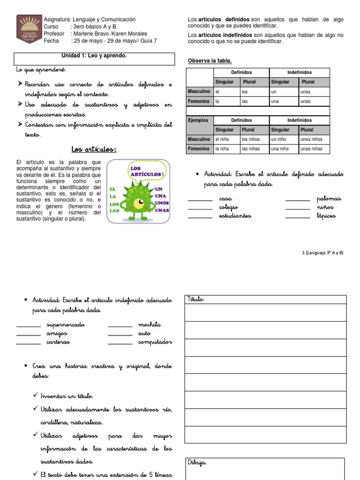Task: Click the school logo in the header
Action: tap(29, 30)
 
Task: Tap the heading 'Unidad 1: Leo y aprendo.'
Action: tap(94, 56)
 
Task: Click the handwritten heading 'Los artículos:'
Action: tap(94, 150)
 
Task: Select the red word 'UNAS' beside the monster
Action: tap(162, 210)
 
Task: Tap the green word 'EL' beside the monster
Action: tap(112, 189)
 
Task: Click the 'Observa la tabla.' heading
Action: tap(210, 61)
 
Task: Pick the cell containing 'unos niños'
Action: tap(314, 139)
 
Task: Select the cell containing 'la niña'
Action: tap(226, 149)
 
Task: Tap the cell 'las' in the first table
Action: tap(255, 101)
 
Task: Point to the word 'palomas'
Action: tap(329, 199)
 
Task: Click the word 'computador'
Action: tap(155, 342)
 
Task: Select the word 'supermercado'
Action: tap(66, 325)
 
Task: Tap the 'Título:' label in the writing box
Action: tap(196, 299)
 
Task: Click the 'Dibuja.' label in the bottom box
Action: tap(197, 462)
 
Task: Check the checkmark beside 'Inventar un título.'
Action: tap(36, 396)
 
